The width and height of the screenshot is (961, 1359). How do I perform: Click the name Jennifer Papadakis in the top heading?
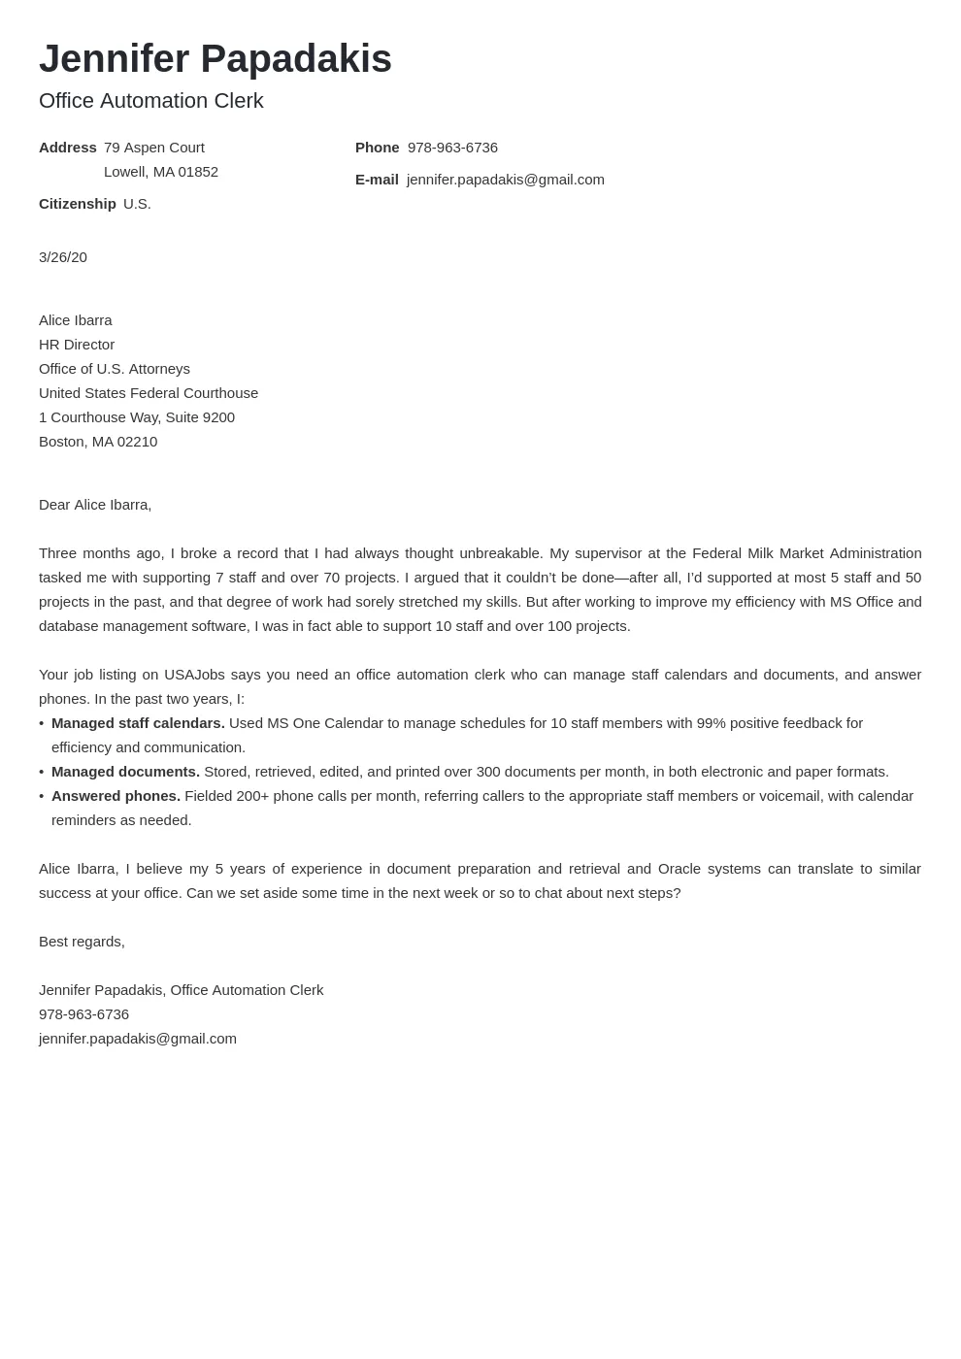(215, 59)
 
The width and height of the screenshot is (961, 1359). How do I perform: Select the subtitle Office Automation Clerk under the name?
(150, 101)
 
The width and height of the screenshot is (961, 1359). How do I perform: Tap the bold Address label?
(67, 148)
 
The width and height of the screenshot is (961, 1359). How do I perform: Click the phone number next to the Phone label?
(452, 148)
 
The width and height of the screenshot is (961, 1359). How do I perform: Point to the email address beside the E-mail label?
(505, 180)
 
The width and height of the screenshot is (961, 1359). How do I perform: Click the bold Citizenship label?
(77, 204)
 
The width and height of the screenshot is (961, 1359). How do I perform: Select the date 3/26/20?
(63, 257)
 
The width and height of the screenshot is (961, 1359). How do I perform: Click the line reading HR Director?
(77, 345)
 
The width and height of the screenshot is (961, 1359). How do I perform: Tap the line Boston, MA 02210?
(98, 442)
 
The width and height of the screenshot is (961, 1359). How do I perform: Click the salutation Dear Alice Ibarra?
(95, 505)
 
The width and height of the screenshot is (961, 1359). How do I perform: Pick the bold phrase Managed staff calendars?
(138, 723)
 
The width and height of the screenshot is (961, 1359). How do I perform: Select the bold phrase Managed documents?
(125, 772)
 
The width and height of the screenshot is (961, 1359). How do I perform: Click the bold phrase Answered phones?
(116, 796)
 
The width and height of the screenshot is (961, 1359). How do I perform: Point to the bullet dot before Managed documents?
(42, 772)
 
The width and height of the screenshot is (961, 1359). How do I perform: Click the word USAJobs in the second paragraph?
(194, 675)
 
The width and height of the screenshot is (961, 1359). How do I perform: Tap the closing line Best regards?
(82, 942)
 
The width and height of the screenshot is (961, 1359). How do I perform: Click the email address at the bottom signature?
(138, 1039)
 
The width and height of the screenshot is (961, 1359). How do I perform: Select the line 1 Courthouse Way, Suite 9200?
(137, 417)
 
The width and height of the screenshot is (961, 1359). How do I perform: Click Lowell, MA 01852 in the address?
(161, 172)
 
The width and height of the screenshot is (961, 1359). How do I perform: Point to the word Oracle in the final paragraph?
(679, 869)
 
